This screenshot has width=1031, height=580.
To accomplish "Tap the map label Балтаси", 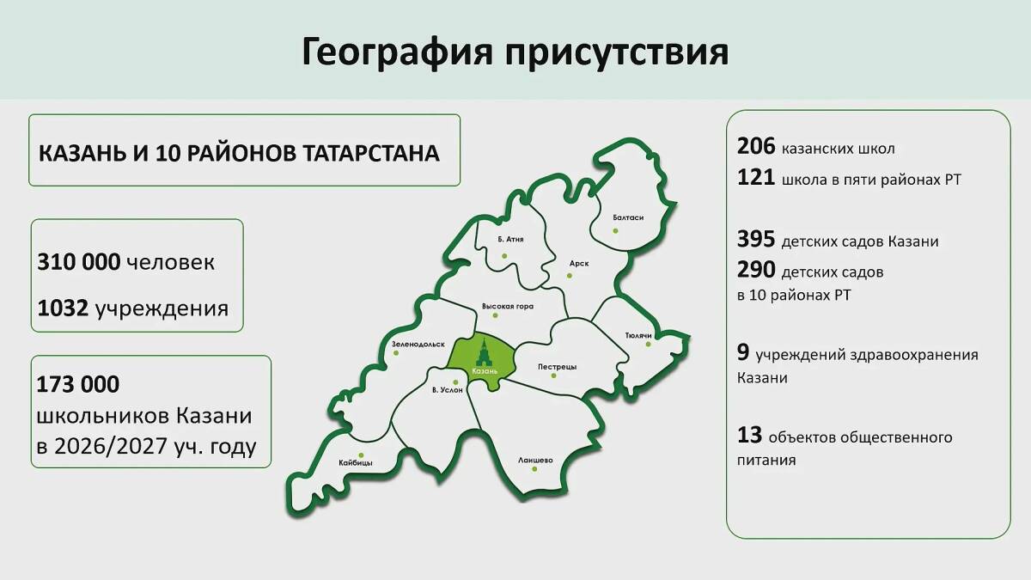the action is point(628,217).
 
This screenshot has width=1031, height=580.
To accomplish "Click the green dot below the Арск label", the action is point(570,276).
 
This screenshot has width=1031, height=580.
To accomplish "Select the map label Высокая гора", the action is point(508,306).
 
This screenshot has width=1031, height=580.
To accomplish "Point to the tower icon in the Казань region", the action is point(483,352).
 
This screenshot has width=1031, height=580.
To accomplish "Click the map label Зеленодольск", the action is point(418,345).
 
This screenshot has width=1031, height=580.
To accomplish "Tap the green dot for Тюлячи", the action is point(648,344).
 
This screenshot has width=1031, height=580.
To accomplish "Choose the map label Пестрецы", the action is point(557,367).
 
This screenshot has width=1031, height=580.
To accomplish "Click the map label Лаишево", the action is point(535,460).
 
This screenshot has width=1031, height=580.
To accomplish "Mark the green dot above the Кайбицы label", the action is point(362,455).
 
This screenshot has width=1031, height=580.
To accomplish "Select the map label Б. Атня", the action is point(510,240).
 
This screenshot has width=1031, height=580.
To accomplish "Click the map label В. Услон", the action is point(448,390).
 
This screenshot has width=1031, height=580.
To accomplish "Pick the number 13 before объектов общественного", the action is point(749,436).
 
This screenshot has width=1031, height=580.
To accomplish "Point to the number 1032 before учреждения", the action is point(63,308).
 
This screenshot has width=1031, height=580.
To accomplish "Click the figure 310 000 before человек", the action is point(79,262).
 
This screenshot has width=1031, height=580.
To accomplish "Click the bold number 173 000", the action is point(78,384).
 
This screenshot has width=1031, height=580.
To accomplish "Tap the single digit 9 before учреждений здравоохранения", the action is point(743,353).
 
